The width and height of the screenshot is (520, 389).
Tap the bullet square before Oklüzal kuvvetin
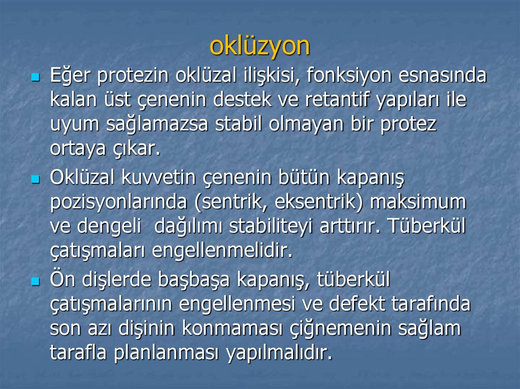tap(35, 180)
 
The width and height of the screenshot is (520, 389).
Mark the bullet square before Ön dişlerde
tap(35, 280)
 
